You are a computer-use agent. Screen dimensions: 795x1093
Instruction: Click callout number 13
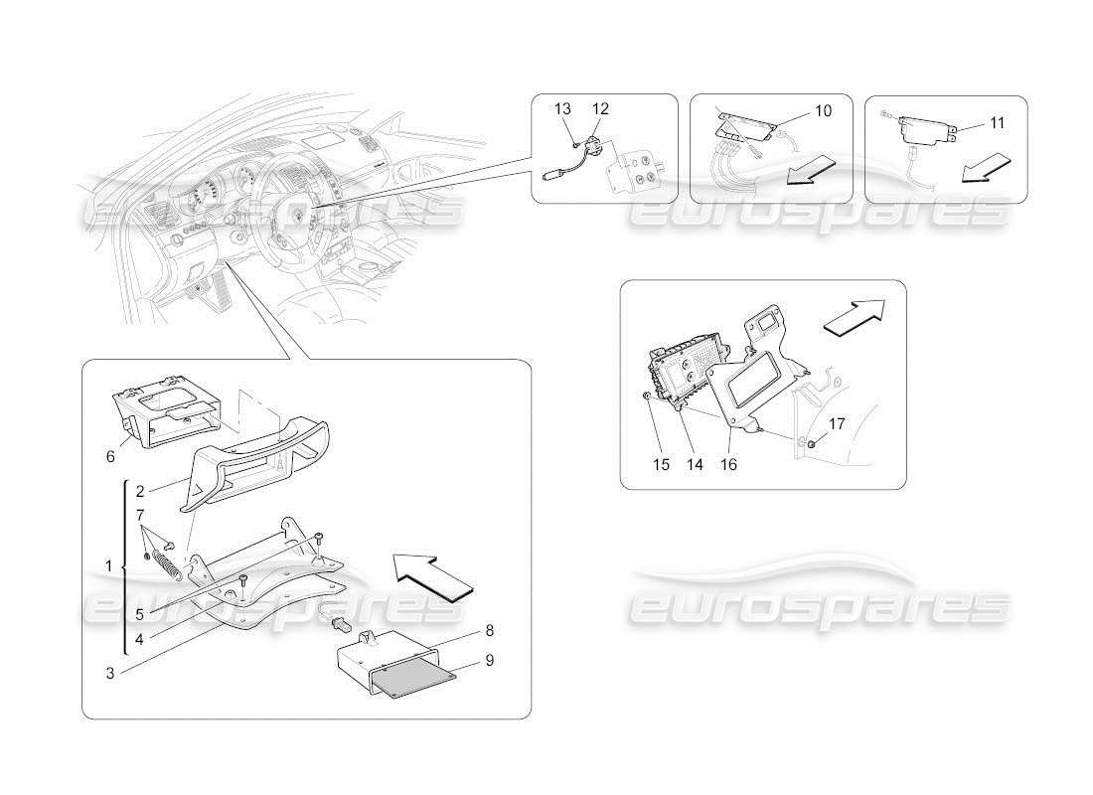(x=563, y=108)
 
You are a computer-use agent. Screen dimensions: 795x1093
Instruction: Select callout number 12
(x=600, y=108)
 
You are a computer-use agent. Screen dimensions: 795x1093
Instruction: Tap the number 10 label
(x=822, y=111)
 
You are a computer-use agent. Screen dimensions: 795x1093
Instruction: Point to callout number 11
(x=997, y=122)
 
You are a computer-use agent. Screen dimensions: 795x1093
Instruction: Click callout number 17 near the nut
(x=837, y=424)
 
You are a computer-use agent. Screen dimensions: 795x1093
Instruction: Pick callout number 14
(x=694, y=464)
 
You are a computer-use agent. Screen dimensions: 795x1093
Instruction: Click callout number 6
(x=110, y=456)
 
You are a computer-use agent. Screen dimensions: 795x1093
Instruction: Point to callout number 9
(x=489, y=659)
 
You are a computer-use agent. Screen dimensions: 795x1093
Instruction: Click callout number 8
(x=489, y=630)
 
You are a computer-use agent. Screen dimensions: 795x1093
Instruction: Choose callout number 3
(x=111, y=674)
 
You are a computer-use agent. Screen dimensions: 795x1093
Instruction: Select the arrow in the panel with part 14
(x=854, y=319)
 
